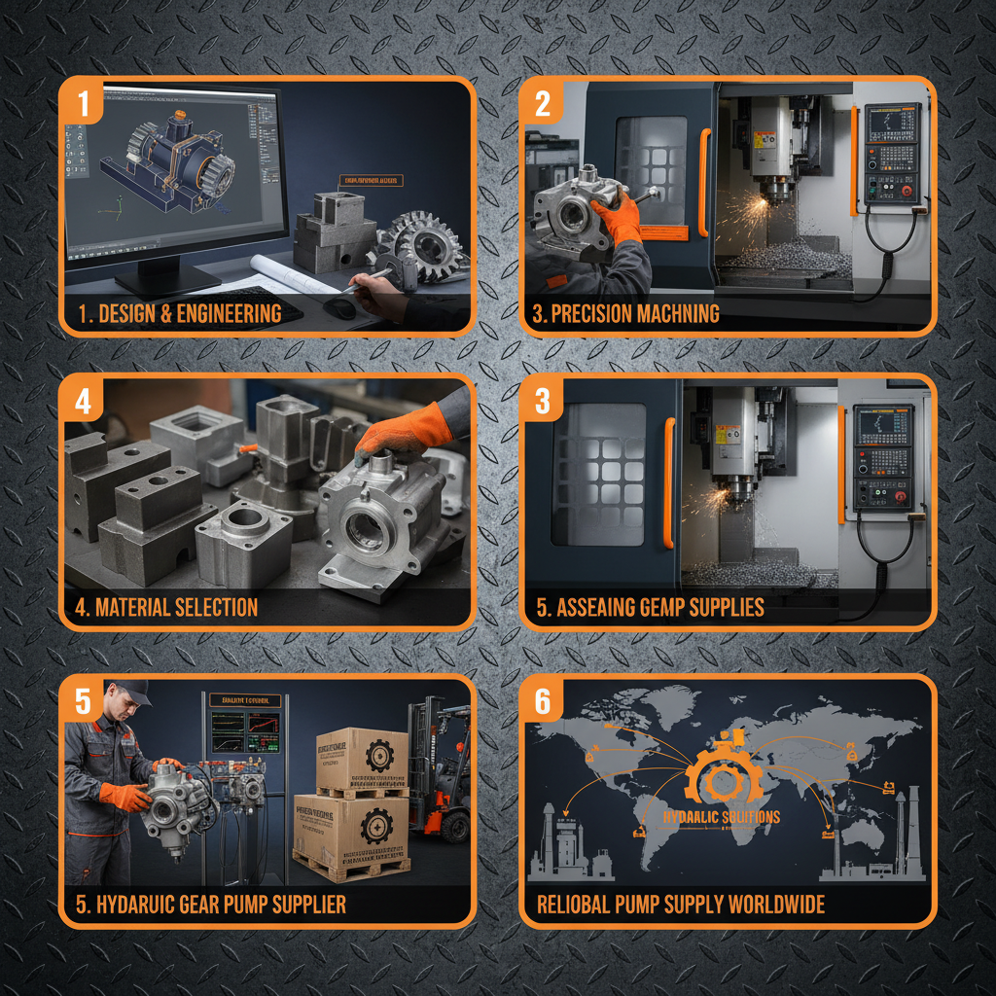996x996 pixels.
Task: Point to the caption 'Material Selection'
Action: coord(166,608)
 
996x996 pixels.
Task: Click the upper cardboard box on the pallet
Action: coord(361,759)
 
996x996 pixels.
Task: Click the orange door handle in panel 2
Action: coord(703,183)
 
